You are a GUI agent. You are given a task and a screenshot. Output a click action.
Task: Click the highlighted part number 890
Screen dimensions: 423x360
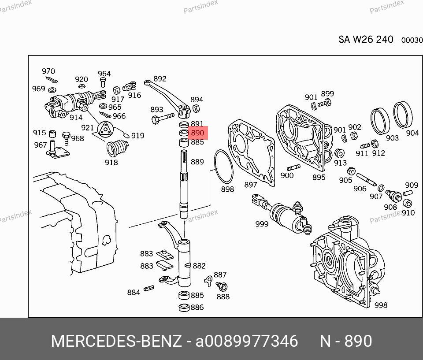(198, 133)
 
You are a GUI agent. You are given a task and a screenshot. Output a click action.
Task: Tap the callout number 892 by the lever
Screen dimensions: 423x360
(160, 79)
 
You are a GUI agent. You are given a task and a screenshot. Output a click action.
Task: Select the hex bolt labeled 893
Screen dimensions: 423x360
(163, 118)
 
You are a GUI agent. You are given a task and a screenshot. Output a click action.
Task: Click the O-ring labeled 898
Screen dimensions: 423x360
(223, 167)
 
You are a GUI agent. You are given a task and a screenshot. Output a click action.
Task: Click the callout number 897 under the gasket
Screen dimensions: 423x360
(251, 185)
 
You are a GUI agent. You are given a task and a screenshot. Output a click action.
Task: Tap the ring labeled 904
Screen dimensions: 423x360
(403, 115)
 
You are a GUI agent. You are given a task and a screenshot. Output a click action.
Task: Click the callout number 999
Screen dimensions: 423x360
(262, 224)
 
